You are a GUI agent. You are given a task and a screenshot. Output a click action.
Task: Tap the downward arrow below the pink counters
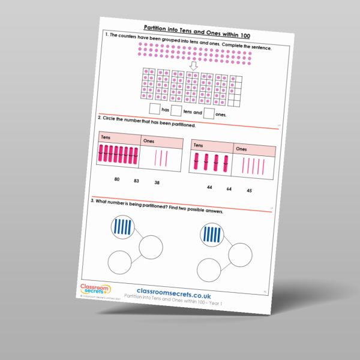point(193,64)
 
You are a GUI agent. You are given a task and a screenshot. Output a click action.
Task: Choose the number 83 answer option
point(136,180)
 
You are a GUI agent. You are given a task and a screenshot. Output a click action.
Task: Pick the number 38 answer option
point(157,182)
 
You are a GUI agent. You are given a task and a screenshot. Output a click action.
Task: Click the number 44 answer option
point(209,187)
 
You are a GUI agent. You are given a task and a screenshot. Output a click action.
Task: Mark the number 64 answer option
point(229,189)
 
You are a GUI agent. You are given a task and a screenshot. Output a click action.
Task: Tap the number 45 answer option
point(249,191)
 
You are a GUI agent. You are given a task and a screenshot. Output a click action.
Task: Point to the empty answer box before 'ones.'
point(209,113)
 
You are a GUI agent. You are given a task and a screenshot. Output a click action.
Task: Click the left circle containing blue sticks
point(122,227)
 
